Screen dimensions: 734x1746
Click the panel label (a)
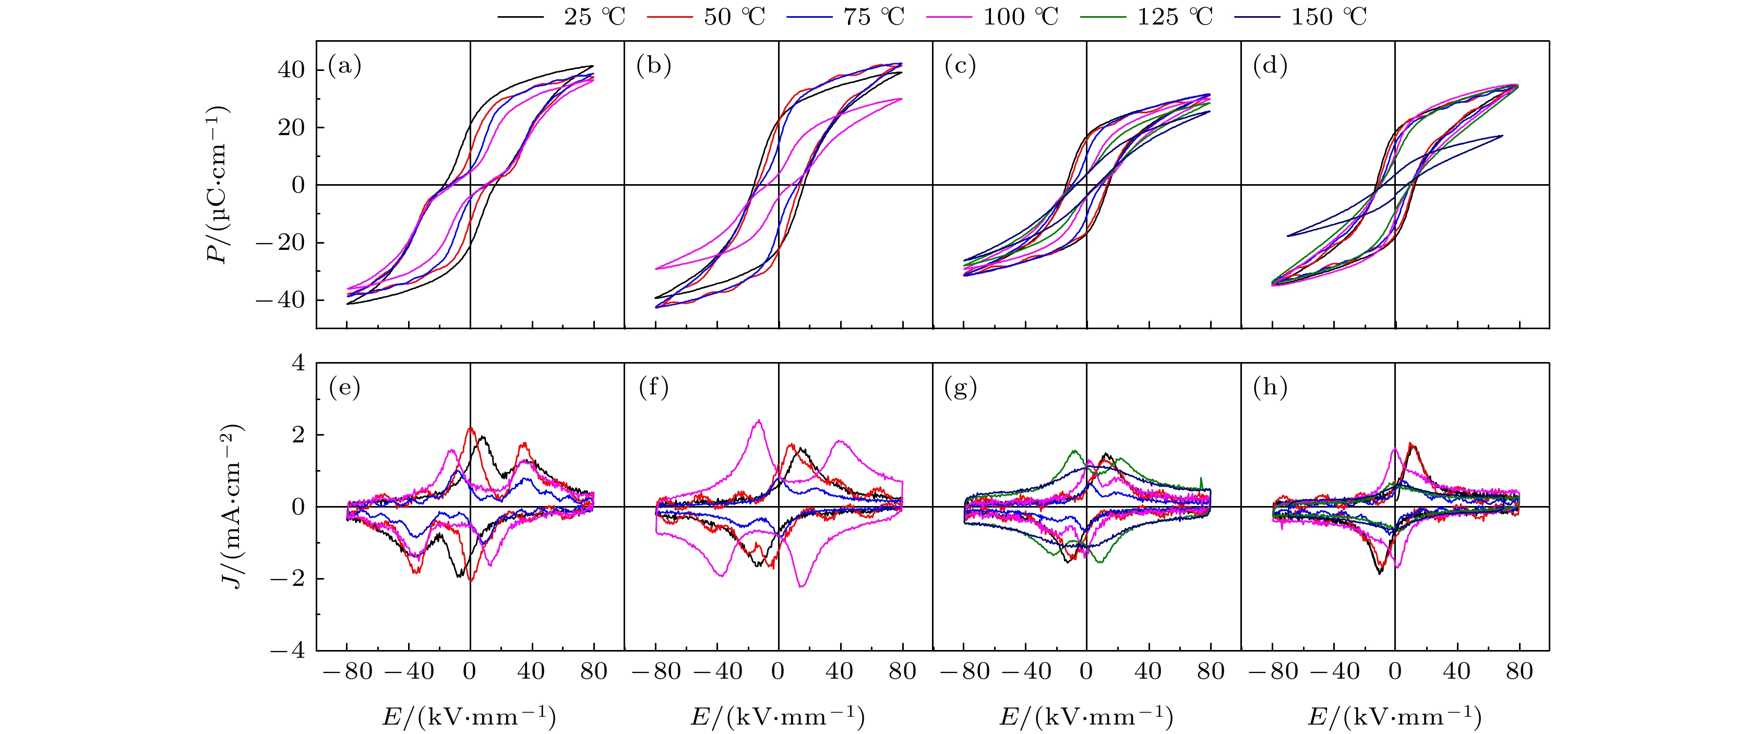point(344,66)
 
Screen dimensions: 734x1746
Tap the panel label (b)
point(653,66)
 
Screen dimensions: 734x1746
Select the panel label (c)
point(961,66)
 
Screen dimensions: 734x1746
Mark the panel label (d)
point(1270,66)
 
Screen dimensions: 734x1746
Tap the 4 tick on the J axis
point(298,364)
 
